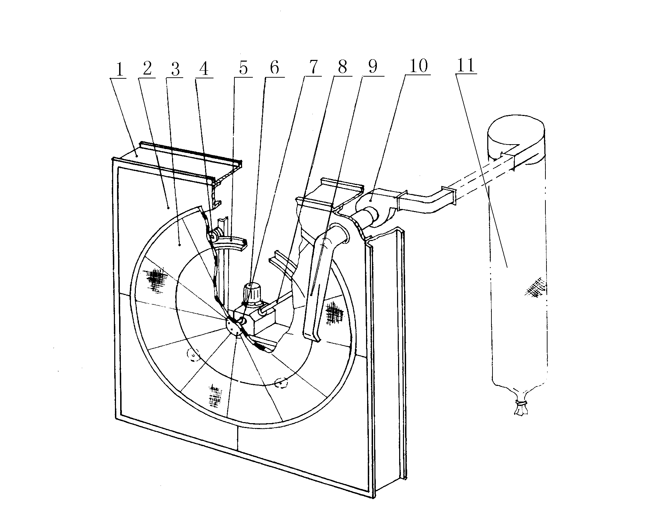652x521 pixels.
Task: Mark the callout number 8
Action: [342, 67]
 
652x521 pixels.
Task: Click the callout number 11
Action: [466, 65]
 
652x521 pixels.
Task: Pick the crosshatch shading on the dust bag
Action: [535, 287]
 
